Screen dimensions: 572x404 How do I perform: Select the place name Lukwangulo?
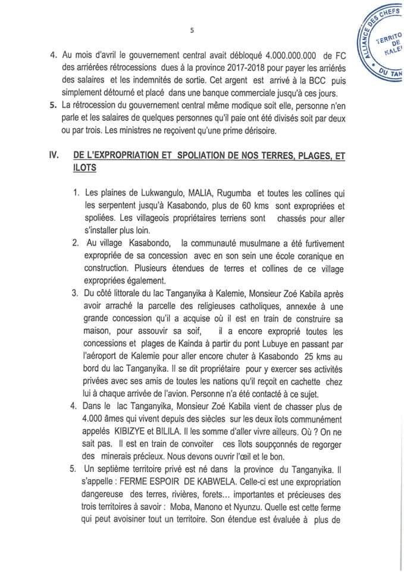click(x=149, y=194)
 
